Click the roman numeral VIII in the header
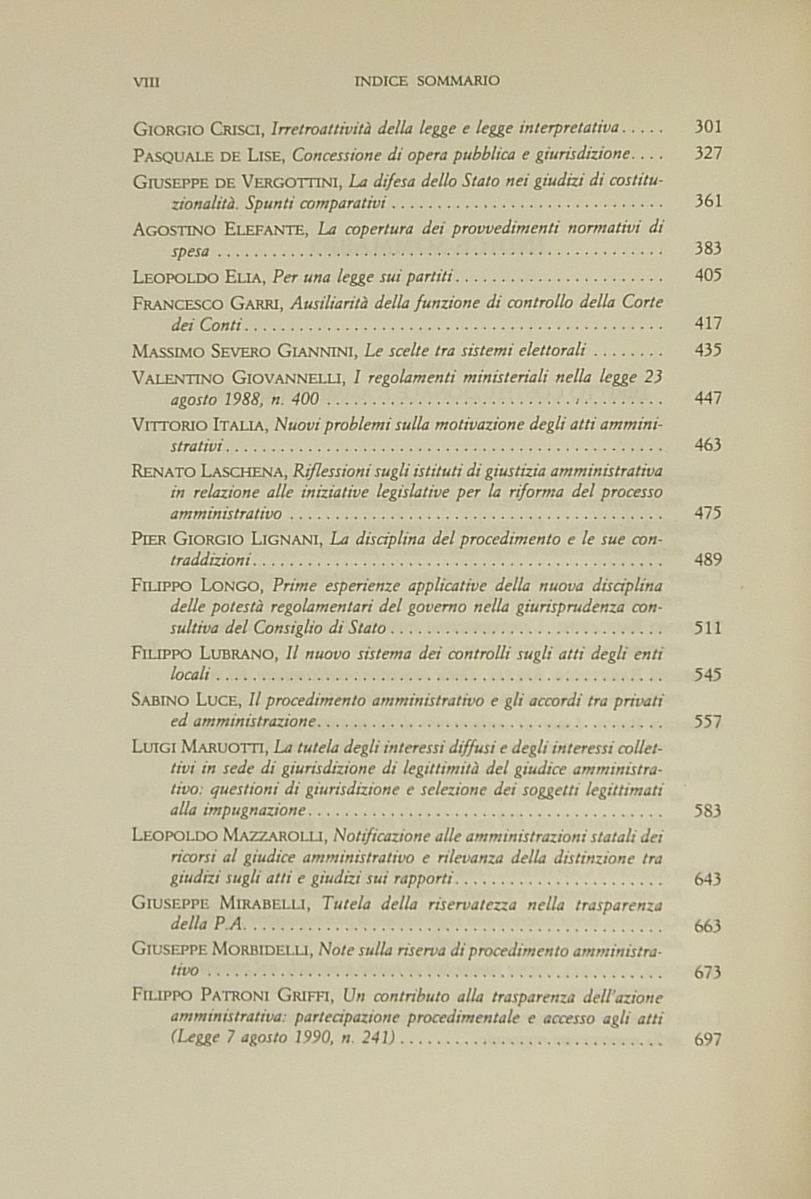click(x=145, y=81)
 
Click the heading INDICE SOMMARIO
click(x=427, y=81)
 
